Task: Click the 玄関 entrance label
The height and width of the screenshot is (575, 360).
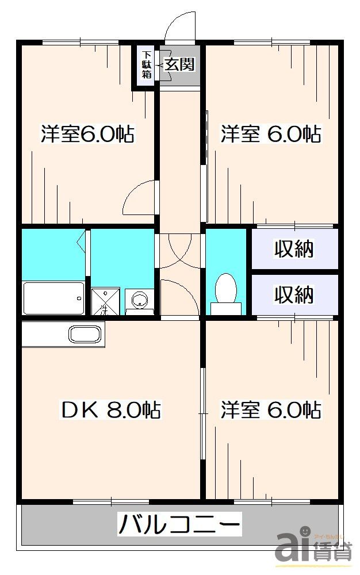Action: [x=179, y=64]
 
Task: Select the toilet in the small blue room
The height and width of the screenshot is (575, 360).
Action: [x=225, y=290]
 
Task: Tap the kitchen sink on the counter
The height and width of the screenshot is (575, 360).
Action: [x=85, y=334]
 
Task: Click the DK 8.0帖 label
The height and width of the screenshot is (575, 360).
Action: [x=110, y=410]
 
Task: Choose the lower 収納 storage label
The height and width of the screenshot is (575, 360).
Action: [x=293, y=294]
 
